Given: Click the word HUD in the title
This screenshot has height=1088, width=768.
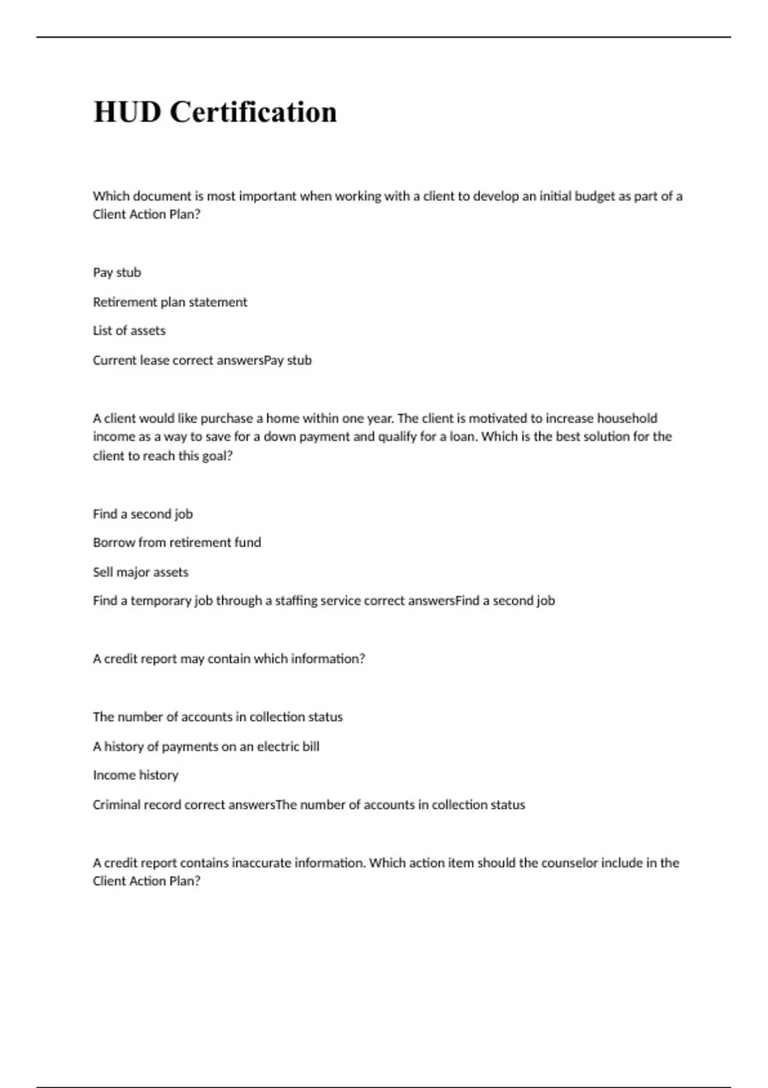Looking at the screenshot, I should (x=127, y=112).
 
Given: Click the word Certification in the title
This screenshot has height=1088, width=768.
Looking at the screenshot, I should (x=253, y=112).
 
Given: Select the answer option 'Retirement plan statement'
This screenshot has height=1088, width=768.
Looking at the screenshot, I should (x=170, y=302).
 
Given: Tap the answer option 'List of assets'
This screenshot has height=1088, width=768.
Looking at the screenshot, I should (x=129, y=331).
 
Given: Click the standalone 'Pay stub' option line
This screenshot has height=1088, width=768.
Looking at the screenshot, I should (x=116, y=273).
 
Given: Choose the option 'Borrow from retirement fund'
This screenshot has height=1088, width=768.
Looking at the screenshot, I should (x=177, y=543).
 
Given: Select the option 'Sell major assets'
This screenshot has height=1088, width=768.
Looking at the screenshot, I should (x=140, y=572).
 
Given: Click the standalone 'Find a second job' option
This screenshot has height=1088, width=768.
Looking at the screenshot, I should (x=142, y=514).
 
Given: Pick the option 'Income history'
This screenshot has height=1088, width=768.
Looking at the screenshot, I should (x=135, y=775).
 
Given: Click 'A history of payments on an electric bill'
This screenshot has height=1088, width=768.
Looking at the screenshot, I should (x=205, y=746).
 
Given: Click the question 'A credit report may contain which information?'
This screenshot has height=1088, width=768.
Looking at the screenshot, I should (x=228, y=659).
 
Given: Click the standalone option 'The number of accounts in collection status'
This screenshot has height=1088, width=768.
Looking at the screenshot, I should (x=218, y=717).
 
